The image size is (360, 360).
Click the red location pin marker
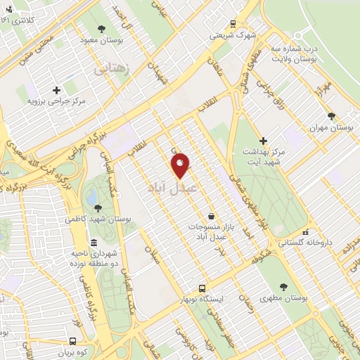[180, 166]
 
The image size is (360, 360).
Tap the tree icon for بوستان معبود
[102, 29]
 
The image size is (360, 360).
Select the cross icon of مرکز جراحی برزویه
[56, 90]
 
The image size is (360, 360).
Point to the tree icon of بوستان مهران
[331, 116]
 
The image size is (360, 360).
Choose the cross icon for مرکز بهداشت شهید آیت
[264, 141]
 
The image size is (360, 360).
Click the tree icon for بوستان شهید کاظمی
[98, 207]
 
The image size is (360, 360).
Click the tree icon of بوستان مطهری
[283, 286]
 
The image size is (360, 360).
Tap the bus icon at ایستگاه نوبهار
[202, 288]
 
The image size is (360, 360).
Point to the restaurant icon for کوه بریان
[59, 342]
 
